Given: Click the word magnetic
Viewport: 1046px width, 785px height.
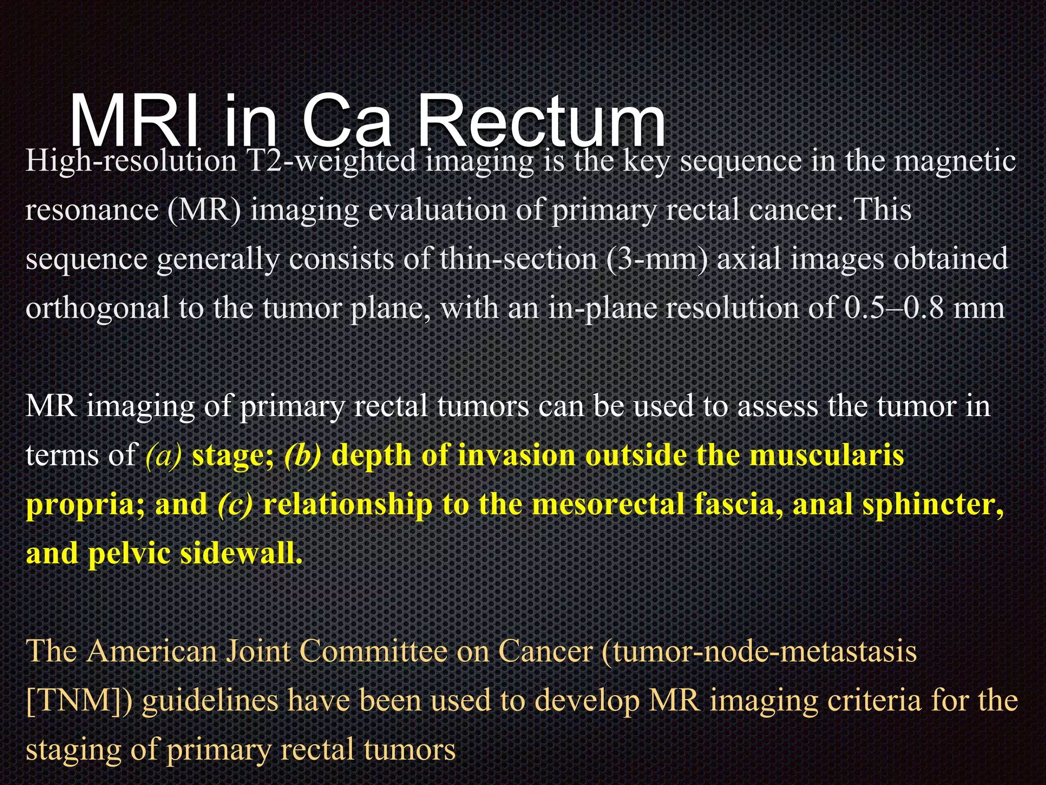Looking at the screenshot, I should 955,161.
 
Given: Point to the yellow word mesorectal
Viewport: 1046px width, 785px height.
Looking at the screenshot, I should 608,504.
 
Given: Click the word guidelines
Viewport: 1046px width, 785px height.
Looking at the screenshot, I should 210,701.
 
